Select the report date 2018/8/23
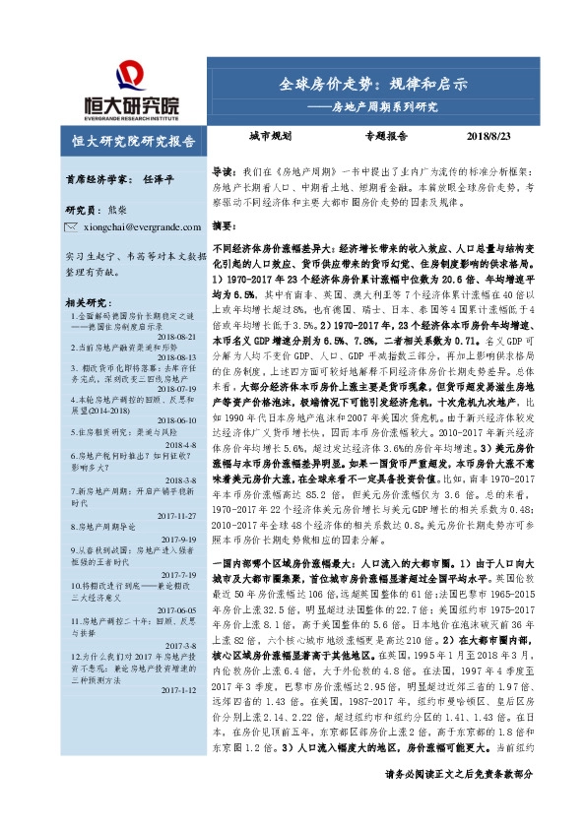(503, 139)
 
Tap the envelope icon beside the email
(70, 227)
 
